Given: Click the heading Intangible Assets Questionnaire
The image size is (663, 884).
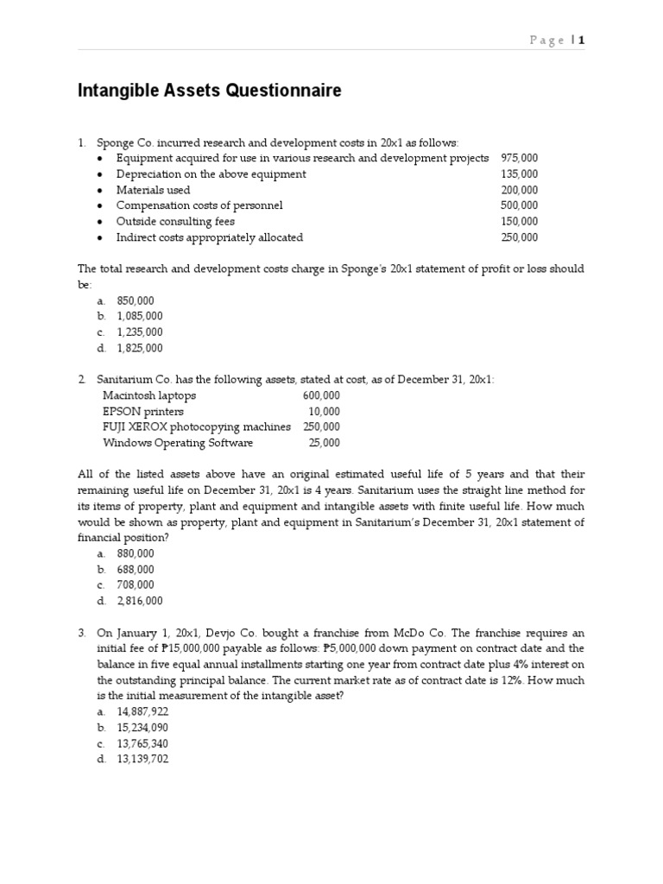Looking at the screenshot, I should click(210, 91).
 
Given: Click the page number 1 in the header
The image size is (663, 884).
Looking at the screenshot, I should click(582, 40).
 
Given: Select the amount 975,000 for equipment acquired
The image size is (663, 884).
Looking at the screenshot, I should click(519, 158).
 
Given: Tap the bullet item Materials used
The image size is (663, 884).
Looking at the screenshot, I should click(154, 190).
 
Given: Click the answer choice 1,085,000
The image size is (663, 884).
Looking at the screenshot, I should click(140, 317).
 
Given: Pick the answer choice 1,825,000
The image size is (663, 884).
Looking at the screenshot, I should click(140, 349).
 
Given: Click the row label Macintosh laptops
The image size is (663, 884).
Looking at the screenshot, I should click(149, 395).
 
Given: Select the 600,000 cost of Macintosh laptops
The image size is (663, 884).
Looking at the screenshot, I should click(321, 395).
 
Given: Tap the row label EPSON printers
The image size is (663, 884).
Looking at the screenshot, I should click(143, 412).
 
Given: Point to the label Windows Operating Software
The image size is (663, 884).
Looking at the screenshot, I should click(178, 443).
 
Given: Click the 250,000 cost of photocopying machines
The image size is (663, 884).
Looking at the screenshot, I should click(321, 427).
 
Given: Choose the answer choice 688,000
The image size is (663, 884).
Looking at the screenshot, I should click(136, 570).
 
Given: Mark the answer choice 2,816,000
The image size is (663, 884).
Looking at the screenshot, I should click(140, 602).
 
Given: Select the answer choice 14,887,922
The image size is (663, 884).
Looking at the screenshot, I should click(142, 712).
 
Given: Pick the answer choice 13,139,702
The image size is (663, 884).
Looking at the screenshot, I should click(142, 760).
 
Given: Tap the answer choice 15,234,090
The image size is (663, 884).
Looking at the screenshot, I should click(142, 728).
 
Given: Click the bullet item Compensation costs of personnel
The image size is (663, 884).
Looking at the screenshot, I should click(199, 205).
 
